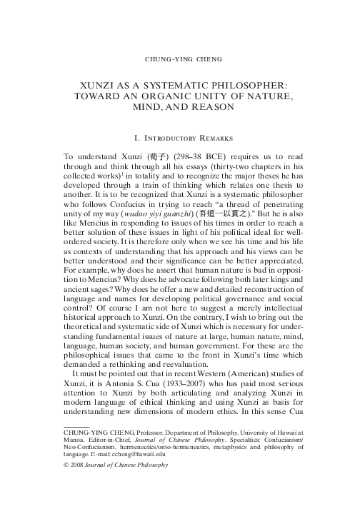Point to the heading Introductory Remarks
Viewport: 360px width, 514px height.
(180, 134)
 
